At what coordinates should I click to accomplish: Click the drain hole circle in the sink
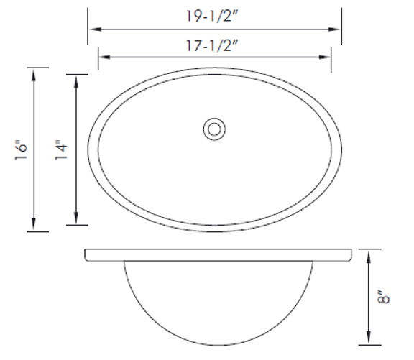213,129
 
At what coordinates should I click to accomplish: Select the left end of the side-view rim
86,255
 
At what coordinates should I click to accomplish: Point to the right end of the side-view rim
352,255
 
